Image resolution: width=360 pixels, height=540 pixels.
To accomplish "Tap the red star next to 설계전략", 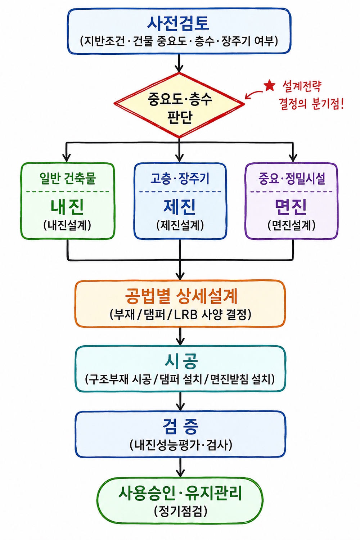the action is tap(269, 86).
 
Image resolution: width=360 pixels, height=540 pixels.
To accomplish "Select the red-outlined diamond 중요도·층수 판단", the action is tap(179, 105).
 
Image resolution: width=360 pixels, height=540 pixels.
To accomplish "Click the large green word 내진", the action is tap(67, 207).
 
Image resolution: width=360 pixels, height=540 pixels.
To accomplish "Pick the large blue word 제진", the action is tap(180, 207).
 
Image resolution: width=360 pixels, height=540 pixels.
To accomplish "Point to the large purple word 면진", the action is tap(291, 207).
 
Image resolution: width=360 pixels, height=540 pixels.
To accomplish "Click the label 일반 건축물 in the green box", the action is tap(68, 179).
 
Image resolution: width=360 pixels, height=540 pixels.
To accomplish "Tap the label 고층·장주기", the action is tap(180, 179).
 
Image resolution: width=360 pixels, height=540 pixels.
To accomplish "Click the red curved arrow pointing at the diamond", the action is tap(253, 94).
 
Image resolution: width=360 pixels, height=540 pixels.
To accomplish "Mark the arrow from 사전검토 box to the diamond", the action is tap(179, 63).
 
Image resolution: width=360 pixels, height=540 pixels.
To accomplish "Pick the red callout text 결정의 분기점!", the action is tap(311, 104).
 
